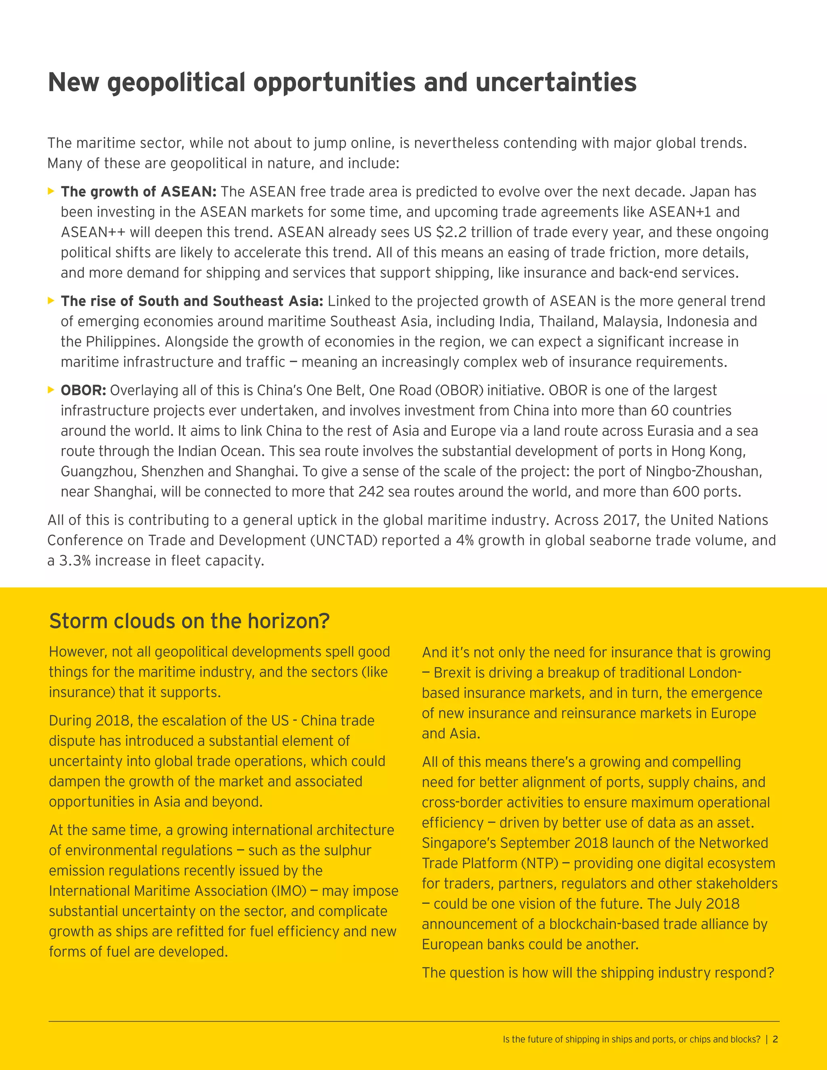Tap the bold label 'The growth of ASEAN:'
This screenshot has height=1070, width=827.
click(139, 191)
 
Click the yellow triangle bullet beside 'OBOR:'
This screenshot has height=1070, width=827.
click(51, 390)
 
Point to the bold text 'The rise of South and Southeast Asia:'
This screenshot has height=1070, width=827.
click(191, 301)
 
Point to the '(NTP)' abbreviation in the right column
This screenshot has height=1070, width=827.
click(539, 863)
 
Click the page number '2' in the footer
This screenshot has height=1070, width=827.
click(775, 1039)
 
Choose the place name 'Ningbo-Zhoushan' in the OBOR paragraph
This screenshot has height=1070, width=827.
click(703, 471)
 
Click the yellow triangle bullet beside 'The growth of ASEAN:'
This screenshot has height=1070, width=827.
click(51, 191)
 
